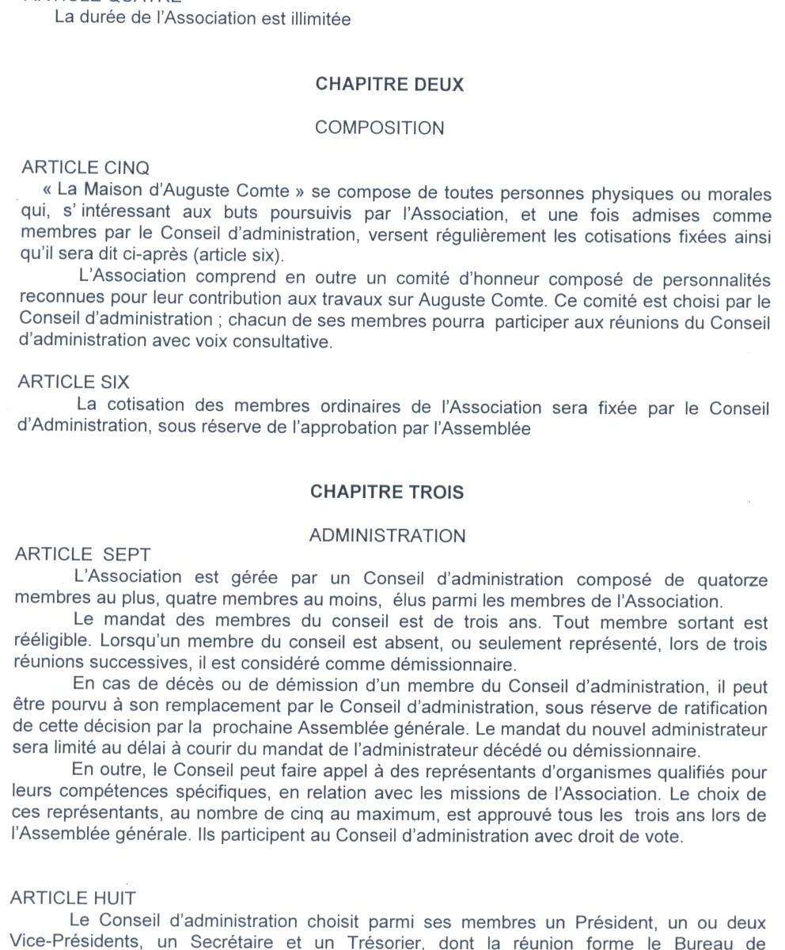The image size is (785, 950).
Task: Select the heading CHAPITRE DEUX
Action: pyautogui.click(x=389, y=85)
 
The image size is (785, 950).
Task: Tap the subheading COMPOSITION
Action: pyautogui.click(x=380, y=127)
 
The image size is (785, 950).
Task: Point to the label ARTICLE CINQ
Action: pyautogui.click(x=85, y=168)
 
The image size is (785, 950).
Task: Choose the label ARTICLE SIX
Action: pyautogui.click(x=74, y=382)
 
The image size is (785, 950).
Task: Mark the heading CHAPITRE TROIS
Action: pyautogui.click(x=387, y=492)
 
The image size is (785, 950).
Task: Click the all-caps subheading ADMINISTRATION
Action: pyautogui.click(x=387, y=536)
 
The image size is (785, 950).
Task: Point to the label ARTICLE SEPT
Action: pyautogui.click(x=82, y=554)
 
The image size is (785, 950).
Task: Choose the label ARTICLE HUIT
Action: pyautogui.click(x=73, y=898)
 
